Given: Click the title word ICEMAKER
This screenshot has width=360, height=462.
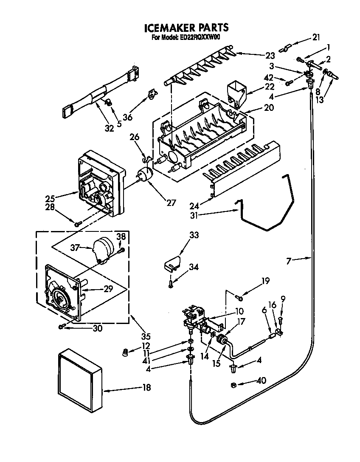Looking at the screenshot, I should pos(169,28).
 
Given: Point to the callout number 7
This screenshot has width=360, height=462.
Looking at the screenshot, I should pos(289,261).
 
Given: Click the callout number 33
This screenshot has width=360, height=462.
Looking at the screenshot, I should pos(194,235).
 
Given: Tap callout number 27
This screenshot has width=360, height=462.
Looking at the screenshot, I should pos(171,203).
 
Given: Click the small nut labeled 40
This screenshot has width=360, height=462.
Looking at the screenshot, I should pos(233,385).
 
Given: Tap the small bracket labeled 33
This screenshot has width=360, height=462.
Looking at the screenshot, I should pos(172,264).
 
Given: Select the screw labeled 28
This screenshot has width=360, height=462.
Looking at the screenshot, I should pos(78,223).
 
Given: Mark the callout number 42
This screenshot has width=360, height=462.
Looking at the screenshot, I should pos(268,78).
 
